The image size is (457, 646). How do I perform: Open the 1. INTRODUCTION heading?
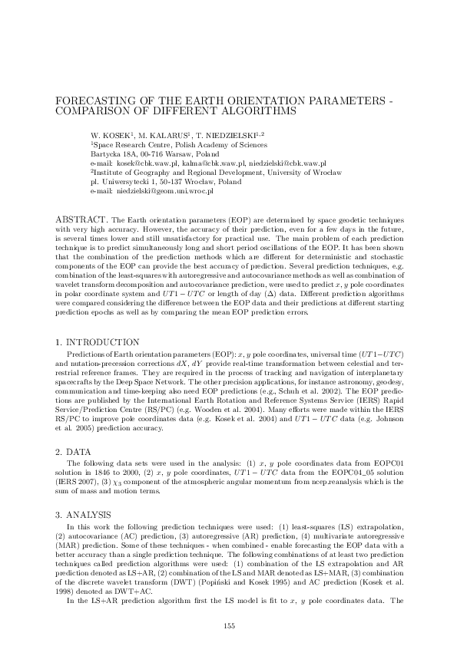[x=98, y=341]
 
